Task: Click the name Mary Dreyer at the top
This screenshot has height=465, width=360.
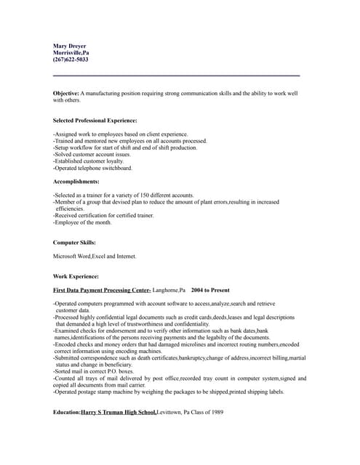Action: point(70,46)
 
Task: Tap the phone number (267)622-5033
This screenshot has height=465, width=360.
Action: point(71,60)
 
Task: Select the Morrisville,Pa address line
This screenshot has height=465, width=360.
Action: point(71,53)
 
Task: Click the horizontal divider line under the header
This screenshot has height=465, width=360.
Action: point(176,76)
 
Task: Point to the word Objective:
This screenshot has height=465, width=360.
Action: point(65,94)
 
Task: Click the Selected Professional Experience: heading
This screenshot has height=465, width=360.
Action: point(95,120)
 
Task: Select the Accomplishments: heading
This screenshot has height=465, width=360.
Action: point(76,181)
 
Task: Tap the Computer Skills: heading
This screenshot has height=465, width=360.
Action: point(74,242)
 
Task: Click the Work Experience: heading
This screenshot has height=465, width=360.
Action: point(76,276)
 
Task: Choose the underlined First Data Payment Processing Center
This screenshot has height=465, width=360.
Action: point(102,290)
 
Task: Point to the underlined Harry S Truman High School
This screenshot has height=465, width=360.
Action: point(119,412)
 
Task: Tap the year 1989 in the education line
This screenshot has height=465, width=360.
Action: point(216,412)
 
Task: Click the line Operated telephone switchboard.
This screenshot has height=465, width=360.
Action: point(93,168)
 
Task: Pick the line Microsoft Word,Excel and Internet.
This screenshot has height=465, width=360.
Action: point(95,256)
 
